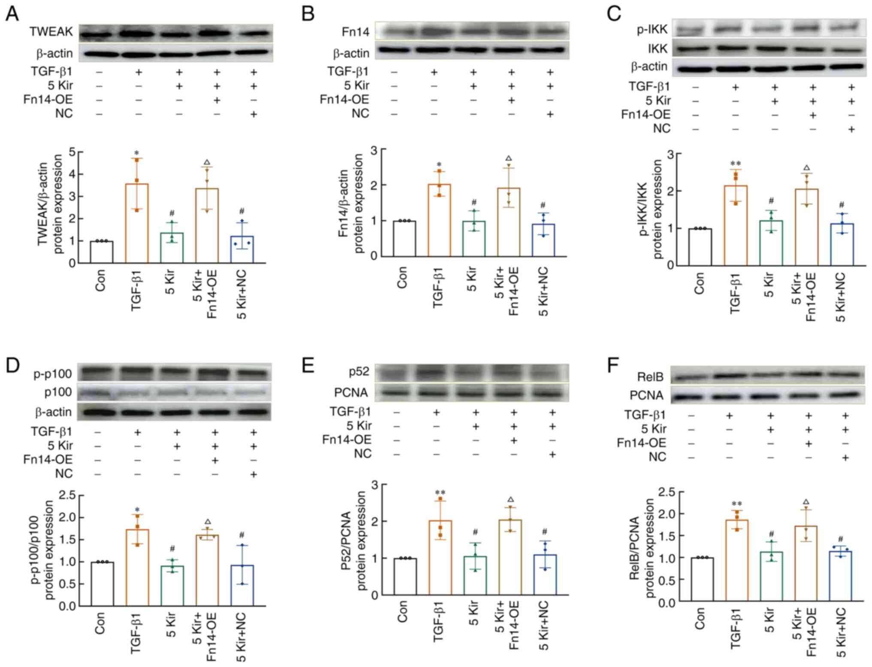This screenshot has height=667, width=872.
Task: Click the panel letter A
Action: tap(12, 14)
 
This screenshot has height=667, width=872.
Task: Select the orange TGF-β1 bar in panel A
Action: tap(136, 223)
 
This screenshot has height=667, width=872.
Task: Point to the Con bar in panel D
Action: tap(102, 583)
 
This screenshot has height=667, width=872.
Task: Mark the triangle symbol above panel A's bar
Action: tap(207, 162)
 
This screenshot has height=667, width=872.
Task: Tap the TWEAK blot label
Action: tap(51, 32)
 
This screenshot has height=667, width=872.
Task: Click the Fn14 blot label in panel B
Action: tap(355, 32)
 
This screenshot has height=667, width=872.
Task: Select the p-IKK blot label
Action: tap(652, 29)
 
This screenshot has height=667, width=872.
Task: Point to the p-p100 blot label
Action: tap(52, 374)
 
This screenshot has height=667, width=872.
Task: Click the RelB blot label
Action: tap(650, 377)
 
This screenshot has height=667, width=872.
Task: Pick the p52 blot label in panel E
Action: tap(359, 371)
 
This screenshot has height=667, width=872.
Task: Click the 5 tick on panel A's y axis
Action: tap(72, 152)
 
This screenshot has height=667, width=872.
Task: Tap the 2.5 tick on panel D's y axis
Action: tap(66, 495)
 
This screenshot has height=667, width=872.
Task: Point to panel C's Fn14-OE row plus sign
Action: tap(812, 115)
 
